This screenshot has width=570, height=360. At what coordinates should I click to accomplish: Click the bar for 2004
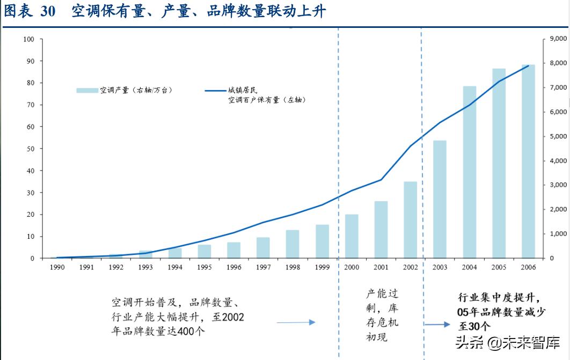pos(470,172)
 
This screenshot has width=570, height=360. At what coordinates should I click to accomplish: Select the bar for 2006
pos(528,161)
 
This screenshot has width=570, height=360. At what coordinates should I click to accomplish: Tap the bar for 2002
pos(411,219)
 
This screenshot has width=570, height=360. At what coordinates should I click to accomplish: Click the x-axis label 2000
pos(352,267)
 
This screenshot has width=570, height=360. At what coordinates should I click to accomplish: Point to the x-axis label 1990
pos(57,267)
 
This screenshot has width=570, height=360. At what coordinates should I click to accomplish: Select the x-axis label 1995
pos(204,267)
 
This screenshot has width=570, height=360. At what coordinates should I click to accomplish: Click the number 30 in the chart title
pos(48,12)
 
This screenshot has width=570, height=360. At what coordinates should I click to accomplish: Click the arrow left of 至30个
pos(437,325)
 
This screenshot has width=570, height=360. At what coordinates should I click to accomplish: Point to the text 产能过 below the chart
pos(382,294)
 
